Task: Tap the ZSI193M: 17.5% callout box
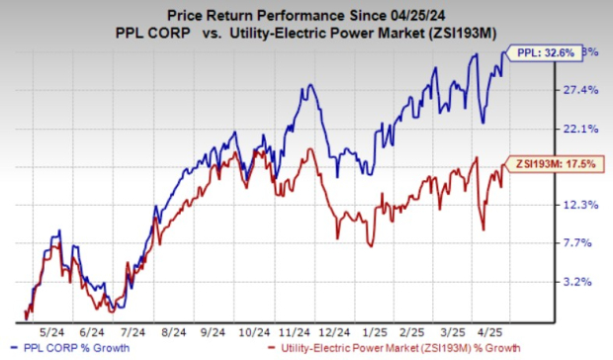[x=551, y=165]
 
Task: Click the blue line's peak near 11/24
[x=311, y=85]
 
